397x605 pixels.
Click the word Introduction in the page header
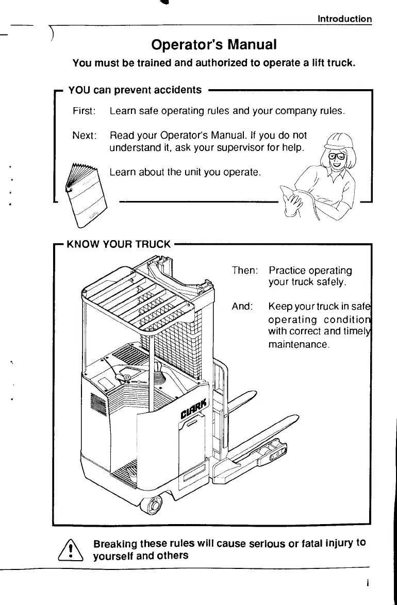point(344,19)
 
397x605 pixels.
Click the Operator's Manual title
point(214,45)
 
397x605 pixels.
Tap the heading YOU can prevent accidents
point(135,90)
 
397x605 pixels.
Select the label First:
point(84,111)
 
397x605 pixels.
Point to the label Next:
point(85,136)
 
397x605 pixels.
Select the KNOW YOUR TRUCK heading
point(119,244)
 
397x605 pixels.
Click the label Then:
point(245,271)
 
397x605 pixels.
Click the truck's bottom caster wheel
point(154,507)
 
